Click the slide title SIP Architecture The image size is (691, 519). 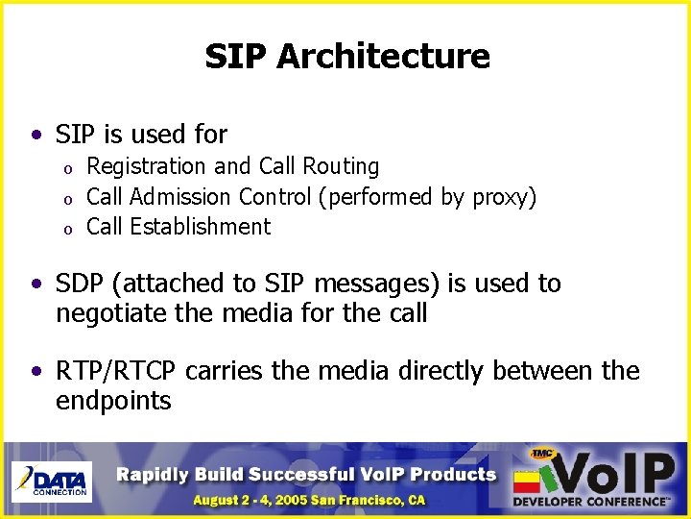[346, 56]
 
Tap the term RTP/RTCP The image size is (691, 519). [118, 371]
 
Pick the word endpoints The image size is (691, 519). [113, 401]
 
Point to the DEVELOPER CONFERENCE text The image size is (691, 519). [591, 502]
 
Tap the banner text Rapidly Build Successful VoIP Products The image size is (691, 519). [307, 474]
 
